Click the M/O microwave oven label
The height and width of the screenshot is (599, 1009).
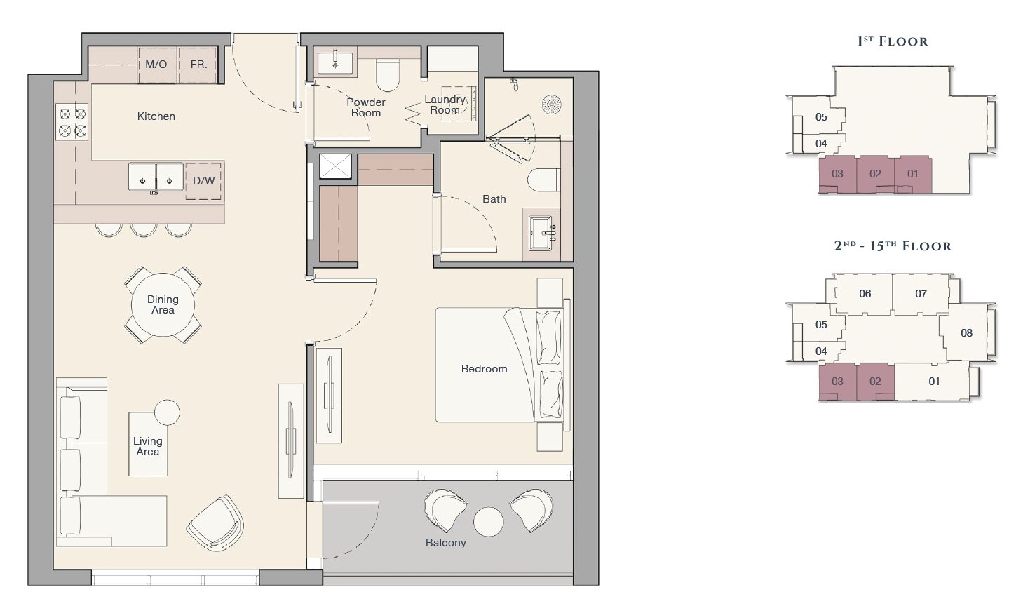click(156, 64)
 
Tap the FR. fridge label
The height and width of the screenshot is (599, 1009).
click(198, 64)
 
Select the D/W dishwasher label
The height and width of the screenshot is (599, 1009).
click(203, 181)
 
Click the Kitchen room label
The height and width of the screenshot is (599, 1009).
click(156, 116)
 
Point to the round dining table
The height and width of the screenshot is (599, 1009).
click(163, 304)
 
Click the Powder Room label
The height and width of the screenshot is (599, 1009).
click(366, 107)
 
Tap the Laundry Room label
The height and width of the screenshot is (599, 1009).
click(445, 105)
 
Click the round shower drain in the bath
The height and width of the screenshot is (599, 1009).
click(551, 105)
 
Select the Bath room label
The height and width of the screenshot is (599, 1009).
click(494, 198)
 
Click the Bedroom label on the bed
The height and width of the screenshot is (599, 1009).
click(485, 369)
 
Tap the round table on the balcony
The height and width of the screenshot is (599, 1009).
click(488, 521)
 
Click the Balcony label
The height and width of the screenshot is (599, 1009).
click(445, 543)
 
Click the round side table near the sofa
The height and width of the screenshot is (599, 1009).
click(167, 412)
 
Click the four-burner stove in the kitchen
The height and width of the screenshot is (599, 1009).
click(72, 121)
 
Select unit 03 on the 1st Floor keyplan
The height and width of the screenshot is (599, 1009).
click(837, 175)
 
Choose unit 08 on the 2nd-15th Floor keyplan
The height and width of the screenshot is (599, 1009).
click(966, 333)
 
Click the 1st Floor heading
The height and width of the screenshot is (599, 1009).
click(893, 41)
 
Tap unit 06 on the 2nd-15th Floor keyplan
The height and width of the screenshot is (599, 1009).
click(865, 294)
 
